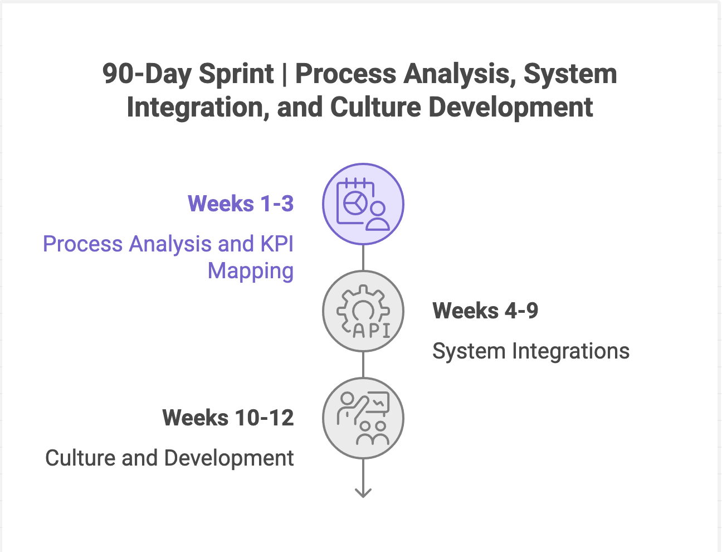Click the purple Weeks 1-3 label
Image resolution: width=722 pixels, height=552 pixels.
(241, 204)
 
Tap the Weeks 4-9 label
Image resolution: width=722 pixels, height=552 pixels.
(485, 311)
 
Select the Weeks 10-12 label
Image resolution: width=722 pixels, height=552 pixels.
(228, 418)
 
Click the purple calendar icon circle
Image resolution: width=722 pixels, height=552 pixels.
(363, 204)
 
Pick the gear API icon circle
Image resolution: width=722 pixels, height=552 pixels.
(363, 311)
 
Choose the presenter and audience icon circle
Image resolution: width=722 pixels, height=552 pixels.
(363, 418)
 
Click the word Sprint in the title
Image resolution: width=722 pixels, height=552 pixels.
(236, 74)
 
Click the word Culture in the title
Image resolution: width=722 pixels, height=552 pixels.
(375, 107)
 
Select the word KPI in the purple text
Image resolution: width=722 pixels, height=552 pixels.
(277, 244)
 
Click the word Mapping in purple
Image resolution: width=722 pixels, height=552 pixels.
(251, 271)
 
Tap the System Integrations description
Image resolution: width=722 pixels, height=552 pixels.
(531, 351)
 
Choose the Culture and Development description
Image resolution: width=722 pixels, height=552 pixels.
(169, 458)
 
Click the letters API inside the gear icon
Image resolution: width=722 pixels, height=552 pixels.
(372, 330)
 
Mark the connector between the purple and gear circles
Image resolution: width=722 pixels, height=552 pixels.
(363, 258)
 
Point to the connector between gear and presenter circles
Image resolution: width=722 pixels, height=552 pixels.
(363, 365)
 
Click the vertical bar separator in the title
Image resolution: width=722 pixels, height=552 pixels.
(285, 74)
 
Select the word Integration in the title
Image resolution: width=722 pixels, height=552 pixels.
(194, 107)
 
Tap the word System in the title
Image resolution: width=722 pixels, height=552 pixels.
(570, 74)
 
